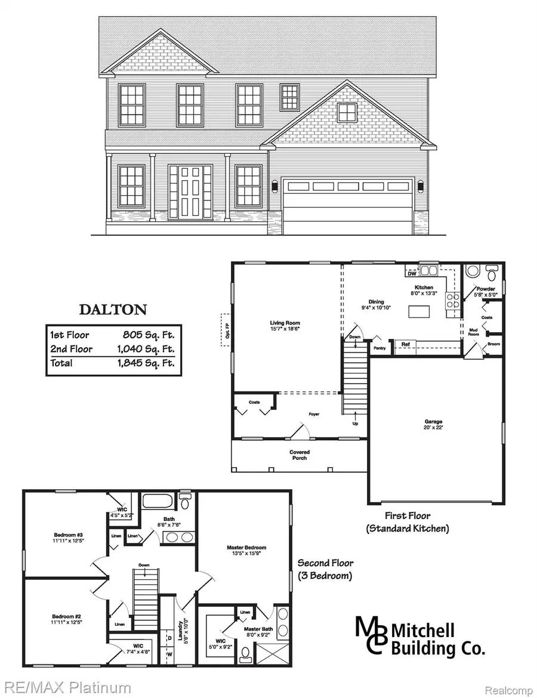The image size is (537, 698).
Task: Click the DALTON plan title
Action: (113, 310)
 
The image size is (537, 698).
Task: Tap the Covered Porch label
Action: (300, 455)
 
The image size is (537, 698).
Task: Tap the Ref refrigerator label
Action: (405, 344)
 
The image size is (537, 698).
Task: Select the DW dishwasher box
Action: (412, 274)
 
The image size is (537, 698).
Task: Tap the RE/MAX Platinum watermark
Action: (66, 688)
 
